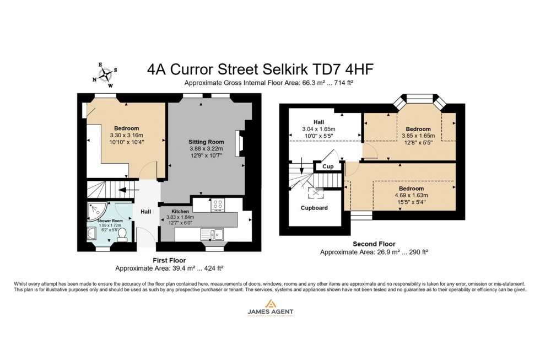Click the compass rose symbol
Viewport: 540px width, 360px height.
106,74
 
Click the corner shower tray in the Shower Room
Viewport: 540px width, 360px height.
98,210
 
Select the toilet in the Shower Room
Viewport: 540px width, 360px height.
123,235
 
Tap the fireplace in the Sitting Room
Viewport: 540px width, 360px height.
239,142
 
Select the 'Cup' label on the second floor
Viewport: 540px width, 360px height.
328,166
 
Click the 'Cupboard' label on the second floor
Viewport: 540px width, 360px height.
314,208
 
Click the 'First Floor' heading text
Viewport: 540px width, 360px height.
169,260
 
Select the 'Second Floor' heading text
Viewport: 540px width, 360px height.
374,244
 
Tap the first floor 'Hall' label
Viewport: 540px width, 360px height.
145,212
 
